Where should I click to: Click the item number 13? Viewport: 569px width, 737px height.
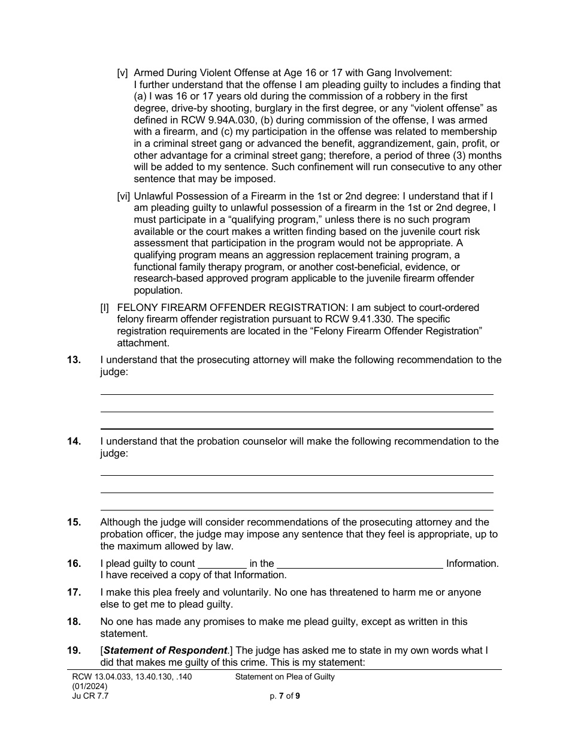click(x=74, y=360)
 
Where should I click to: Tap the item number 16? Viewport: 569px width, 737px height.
click(x=74, y=563)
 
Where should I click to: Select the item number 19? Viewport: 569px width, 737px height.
click(x=74, y=651)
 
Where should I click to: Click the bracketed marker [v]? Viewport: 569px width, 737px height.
click(x=122, y=73)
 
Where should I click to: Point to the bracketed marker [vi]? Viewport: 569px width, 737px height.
click(x=123, y=196)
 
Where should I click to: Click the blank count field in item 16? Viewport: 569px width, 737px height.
click(x=222, y=563)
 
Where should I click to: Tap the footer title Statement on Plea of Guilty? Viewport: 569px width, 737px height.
click(x=285, y=677)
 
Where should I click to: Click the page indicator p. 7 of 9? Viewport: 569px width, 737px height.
click(x=285, y=696)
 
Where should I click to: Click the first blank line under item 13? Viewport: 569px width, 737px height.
click(x=296, y=394)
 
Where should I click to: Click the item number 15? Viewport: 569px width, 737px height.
click(x=74, y=522)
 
